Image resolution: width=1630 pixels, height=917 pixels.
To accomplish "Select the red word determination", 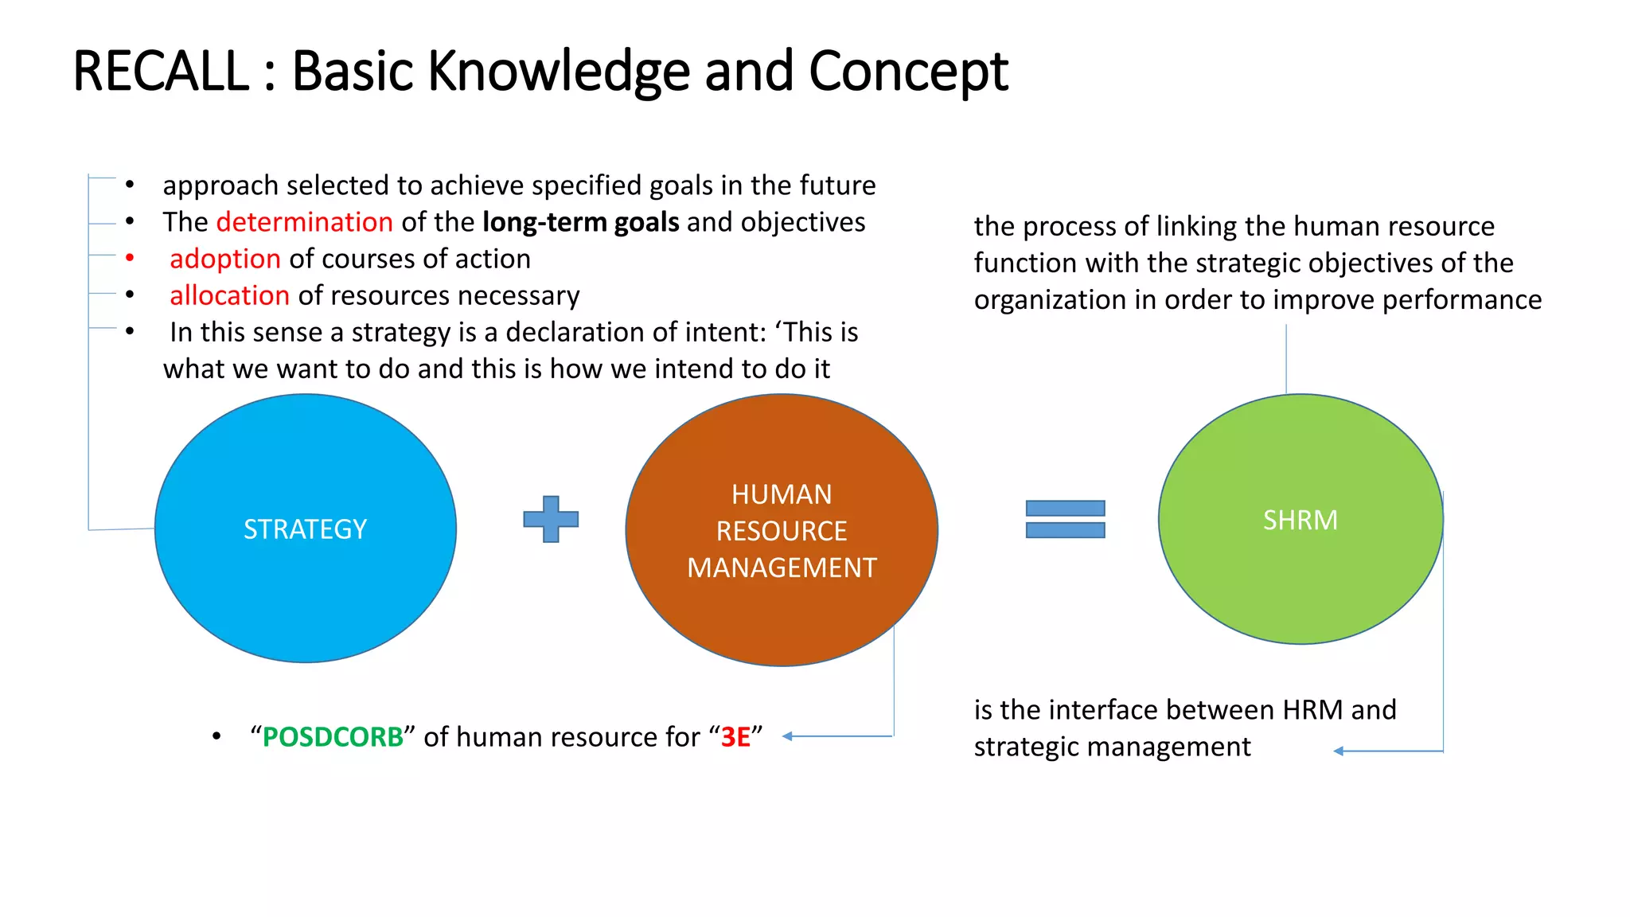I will pyautogui.click(x=304, y=222).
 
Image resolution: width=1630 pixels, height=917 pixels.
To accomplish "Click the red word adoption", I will pyautogui.click(x=225, y=259).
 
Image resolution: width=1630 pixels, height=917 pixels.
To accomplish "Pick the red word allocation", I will pyautogui.click(x=229, y=295).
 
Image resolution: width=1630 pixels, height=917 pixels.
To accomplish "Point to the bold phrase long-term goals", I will pyautogui.click(x=580, y=222).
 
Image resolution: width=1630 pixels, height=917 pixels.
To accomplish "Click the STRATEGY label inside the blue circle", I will pyautogui.click(x=306, y=529).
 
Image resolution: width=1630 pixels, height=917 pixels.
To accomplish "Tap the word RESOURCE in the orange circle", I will pyautogui.click(x=782, y=531).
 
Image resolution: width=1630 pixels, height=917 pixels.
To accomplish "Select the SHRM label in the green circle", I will pyautogui.click(x=1300, y=520).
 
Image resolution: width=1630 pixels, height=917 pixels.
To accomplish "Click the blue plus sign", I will pyautogui.click(x=551, y=519).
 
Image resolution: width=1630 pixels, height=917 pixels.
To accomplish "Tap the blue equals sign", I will pyautogui.click(x=1065, y=519).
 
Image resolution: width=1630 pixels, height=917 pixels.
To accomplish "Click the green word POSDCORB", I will pyautogui.click(x=333, y=737).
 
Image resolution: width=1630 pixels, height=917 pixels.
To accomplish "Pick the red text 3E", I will pyautogui.click(x=735, y=737).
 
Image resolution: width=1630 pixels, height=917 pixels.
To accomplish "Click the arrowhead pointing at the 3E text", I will pyautogui.click(x=787, y=736).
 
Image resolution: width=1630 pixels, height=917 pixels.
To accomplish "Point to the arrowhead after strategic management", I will pyautogui.click(x=1339, y=751).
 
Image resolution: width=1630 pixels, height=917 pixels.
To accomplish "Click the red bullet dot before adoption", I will pyautogui.click(x=130, y=258).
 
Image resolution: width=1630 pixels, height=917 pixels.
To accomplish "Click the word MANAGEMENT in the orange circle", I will pyautogui.click(x=782, y=568).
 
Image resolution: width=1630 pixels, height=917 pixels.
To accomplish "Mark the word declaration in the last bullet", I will pyautogui.click(x=575, y=332).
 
